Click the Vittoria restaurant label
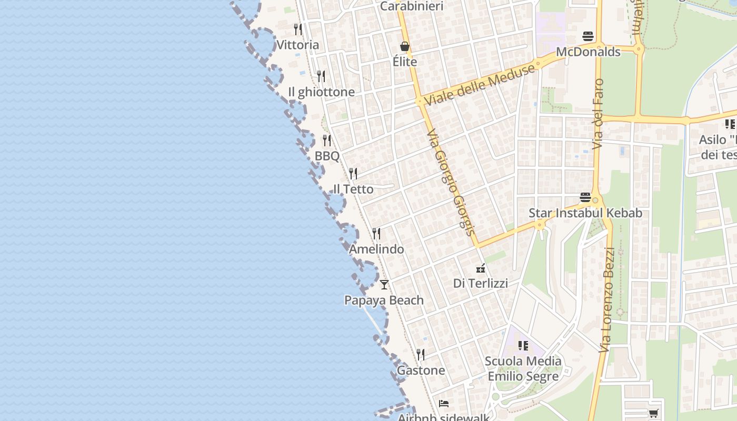point(297,45)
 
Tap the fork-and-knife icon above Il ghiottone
point(321,76)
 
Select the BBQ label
point(327,156)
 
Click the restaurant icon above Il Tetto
point(353,173)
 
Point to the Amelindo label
point(376,249)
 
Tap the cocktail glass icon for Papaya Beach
point(384,285)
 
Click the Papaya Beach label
point(384,300)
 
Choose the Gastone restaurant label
point(421,370)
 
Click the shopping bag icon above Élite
point(405,46)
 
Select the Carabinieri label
point(412,6)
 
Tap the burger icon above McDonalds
point(588,36)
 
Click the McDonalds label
point(588,52)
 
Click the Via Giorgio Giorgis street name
point(451,182)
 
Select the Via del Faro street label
point(598,114)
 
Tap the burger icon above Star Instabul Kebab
point(585,198)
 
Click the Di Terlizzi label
point(481,283)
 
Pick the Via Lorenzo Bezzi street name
point(607,300)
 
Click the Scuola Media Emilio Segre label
point(523,368)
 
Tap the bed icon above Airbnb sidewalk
point(444,404)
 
